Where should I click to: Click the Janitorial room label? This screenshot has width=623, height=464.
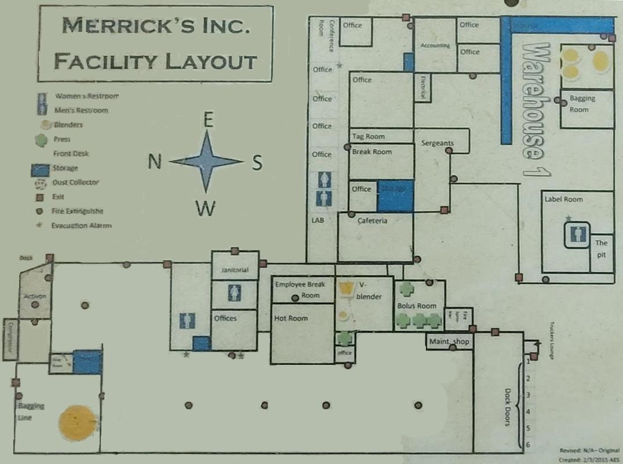tap(235, 270)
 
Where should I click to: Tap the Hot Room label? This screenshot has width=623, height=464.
tap(291, 318)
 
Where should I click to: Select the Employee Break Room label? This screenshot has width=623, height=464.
tap(300, 289)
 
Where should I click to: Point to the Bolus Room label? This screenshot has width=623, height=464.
tap(417, 306)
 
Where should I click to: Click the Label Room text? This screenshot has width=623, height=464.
tap(563, 200)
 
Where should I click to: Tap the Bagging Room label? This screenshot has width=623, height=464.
tap(582, 104)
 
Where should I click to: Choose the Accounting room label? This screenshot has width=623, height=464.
tap(435, 45)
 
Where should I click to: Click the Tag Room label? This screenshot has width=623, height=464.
tap(369, 137)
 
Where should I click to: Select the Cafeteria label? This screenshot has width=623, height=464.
tap(372, 221)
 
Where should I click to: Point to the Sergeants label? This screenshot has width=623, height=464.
tap(438, 143)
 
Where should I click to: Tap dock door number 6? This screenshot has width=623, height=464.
tap(528, 444)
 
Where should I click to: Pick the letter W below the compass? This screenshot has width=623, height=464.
tap(205, 208)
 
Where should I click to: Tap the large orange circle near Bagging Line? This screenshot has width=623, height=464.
tap(77, 422)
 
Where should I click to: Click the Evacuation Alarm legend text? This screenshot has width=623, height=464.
tap(81, 226)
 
